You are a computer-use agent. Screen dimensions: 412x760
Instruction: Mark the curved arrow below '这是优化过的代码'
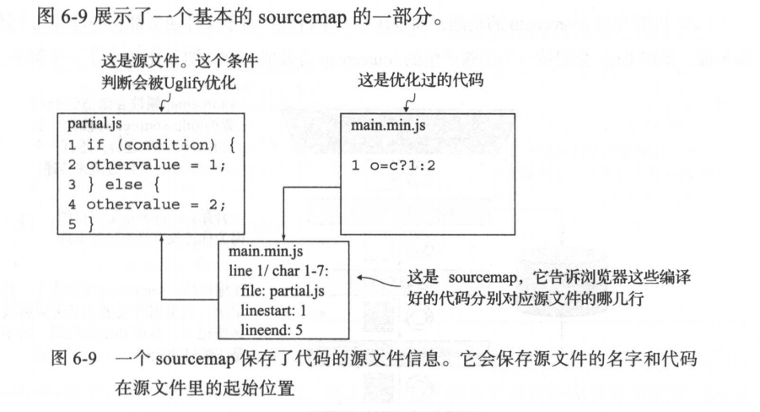[x=411, y=101]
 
